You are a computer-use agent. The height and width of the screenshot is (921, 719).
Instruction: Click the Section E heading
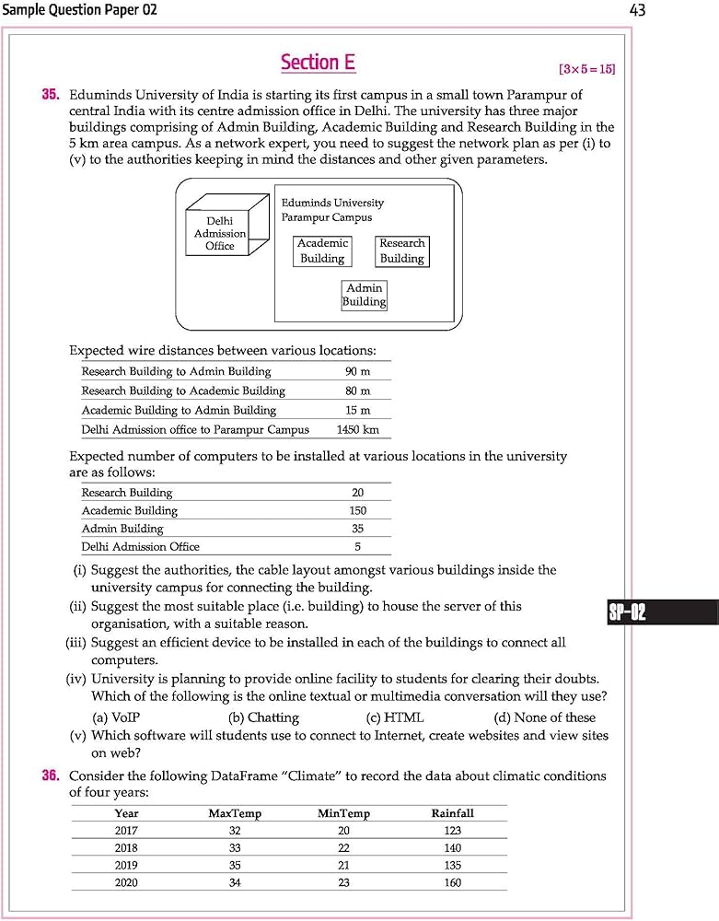pyautogui.click(x=318, y=63)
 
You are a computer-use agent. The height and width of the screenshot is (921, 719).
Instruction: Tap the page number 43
pyautogui.click(x=637, y=10)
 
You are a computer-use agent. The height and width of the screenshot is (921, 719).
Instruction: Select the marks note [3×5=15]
pyautogui.click(x=586, y=69)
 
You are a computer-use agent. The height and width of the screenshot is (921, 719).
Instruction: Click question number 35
pyautogui.click(x=51, y=95)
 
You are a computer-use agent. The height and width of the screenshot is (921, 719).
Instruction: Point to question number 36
pyautogui.click(x=51, y=776)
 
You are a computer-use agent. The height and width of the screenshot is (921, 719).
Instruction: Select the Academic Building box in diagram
pyautogui.click(x=322, y=251)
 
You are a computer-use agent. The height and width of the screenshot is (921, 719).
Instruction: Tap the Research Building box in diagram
pyautogui.click(x=402, y=251)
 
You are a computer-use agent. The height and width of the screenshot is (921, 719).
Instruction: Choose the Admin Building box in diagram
pyautogui.click(x=364, y=296)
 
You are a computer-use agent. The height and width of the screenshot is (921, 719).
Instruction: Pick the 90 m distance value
pyautogui.click(x=358, y=372)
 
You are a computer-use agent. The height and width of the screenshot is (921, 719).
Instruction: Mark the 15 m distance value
pyautogui.click(x=358, y=411)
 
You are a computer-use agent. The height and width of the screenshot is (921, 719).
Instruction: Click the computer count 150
pyautogui.click(x=358, y=511)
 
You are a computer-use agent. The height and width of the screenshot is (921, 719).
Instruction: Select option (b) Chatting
pyautogui.click(x=263, y=717)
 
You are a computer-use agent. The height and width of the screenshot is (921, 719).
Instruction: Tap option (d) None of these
pyautogui.click(x=544, y=717)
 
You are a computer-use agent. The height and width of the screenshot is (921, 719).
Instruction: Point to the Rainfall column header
pyautogui.click(x=452, y=813)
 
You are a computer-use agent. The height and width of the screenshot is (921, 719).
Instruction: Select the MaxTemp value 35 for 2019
pyautogui.click(x=235, y=866)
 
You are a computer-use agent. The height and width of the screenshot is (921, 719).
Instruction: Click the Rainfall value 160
pyautogui.click(x=452, y=882)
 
